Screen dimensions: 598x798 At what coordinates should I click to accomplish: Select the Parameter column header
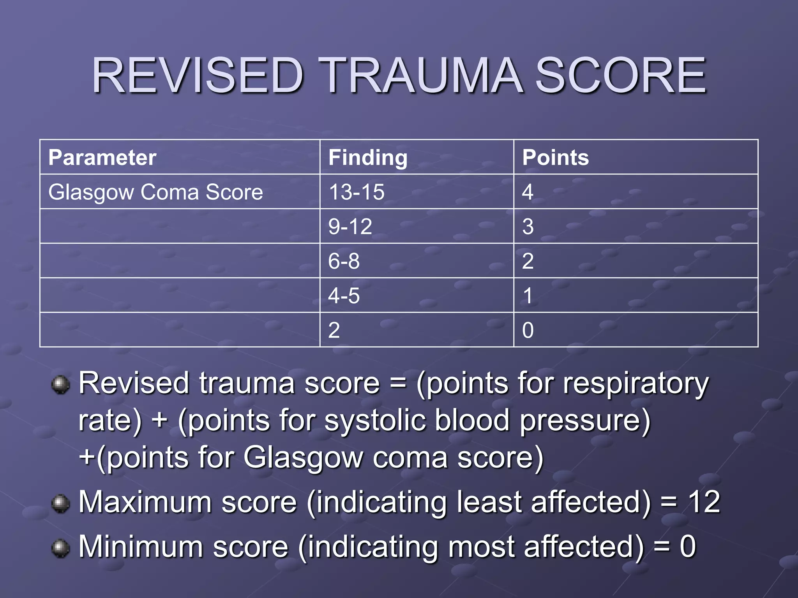pyautogui.click(x=102, y=158)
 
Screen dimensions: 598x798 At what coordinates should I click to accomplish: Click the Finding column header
pyautogui.click(x=368, y=158)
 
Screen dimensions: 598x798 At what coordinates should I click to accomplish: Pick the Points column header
pyautogui.click(x=555, y=158)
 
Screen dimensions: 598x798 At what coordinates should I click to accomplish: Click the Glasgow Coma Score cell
pyautogui.click(x=155, y=192)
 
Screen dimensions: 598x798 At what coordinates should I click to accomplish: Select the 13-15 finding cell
pyautogui.click(x=357, y=192)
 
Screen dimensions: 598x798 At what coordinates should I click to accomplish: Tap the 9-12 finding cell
pyautogui.click(x=350, y=227)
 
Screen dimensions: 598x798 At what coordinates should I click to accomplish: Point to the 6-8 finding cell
pyautogui.click(x=344, y=261)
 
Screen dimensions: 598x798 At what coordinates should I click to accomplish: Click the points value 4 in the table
pyautogui.click(x=528, y=192)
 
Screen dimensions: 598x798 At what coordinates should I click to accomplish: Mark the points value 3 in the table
pyautogui.click(x=528, y=227)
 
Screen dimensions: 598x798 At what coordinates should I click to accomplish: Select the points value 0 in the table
pyautogui.click(x=528, y=330)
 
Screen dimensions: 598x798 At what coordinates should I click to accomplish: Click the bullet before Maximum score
pyautogui.click(x=60, y=503)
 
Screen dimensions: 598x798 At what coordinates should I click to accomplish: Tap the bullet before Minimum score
pyautogui.click(x=60, y=548)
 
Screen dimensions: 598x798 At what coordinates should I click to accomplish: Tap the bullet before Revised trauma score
pyautogui.click(x=60, y=385)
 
